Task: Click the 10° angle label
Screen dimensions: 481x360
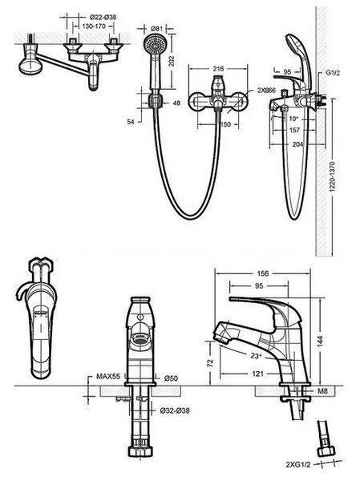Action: click(294, 118)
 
